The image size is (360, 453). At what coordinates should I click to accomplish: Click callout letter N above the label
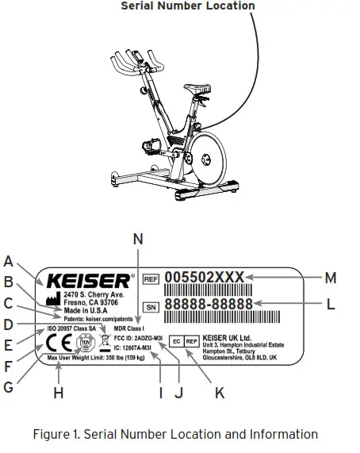pos(138,237)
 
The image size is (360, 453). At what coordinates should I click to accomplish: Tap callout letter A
pos(9,260)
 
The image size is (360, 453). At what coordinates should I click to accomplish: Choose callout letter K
pos(219,392)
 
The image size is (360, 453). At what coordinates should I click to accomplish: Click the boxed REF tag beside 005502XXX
pos(151,279)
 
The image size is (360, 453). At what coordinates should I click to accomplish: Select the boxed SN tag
pos(151,305)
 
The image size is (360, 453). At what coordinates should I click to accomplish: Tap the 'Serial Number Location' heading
pos(187,6)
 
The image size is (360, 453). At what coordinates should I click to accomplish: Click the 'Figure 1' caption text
pos(175,434)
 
